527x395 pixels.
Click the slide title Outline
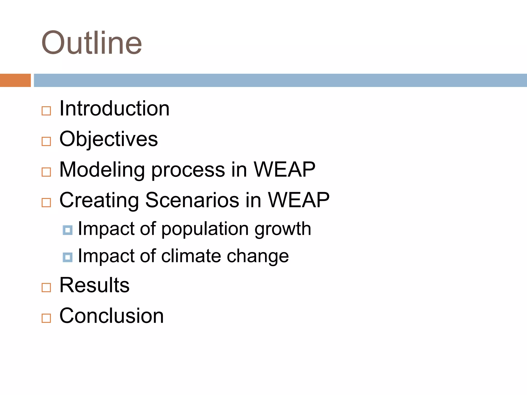coord(92,43)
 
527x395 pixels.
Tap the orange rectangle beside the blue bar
coord(15,80)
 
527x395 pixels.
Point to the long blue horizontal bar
coord(280,80)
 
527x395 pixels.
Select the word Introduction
coord(114,109)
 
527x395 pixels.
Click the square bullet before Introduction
coord(46,111)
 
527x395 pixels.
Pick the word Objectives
coord(108,139)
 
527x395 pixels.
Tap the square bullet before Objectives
coord(46,141)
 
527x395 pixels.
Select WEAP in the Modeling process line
coord(284,169)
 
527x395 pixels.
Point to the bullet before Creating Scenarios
coord(46,202)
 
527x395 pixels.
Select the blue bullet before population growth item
coord(67,230)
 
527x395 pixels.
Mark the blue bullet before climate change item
coord(67,257)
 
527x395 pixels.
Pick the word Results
coord(94,285)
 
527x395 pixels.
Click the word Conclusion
coord(111,316)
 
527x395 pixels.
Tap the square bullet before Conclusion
coord(46,318)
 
